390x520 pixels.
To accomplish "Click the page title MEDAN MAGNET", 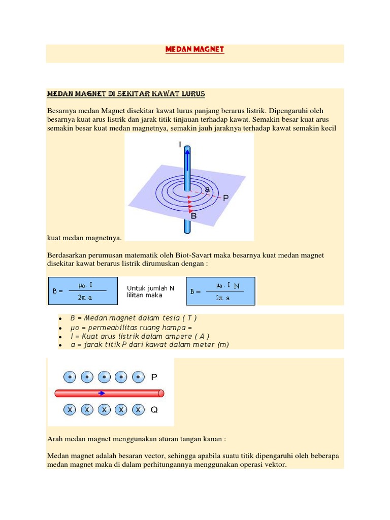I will tap(194, 49).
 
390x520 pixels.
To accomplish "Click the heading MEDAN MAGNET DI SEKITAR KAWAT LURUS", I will tap(126, 94).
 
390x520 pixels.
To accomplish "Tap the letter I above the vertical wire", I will tap(179, 145).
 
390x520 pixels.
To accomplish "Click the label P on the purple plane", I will tap(225, 199).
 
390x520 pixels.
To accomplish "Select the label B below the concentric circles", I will tap(193, 216).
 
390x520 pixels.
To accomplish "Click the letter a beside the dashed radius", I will tap(207, 189).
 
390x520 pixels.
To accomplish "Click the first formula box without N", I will tap(83, 291).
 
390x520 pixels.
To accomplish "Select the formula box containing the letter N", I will tap(220, 291).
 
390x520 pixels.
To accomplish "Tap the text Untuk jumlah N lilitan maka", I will tap(151, 291).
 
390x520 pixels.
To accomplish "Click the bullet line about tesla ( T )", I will tap(133, 318).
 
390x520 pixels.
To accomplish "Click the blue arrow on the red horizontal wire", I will tap(102, 393).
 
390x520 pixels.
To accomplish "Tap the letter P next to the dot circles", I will tap(154, 377).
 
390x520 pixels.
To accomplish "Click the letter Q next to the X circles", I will tap(154, 409).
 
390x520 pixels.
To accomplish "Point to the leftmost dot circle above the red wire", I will tap(70, 377).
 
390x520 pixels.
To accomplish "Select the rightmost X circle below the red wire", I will tap(138, 409).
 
